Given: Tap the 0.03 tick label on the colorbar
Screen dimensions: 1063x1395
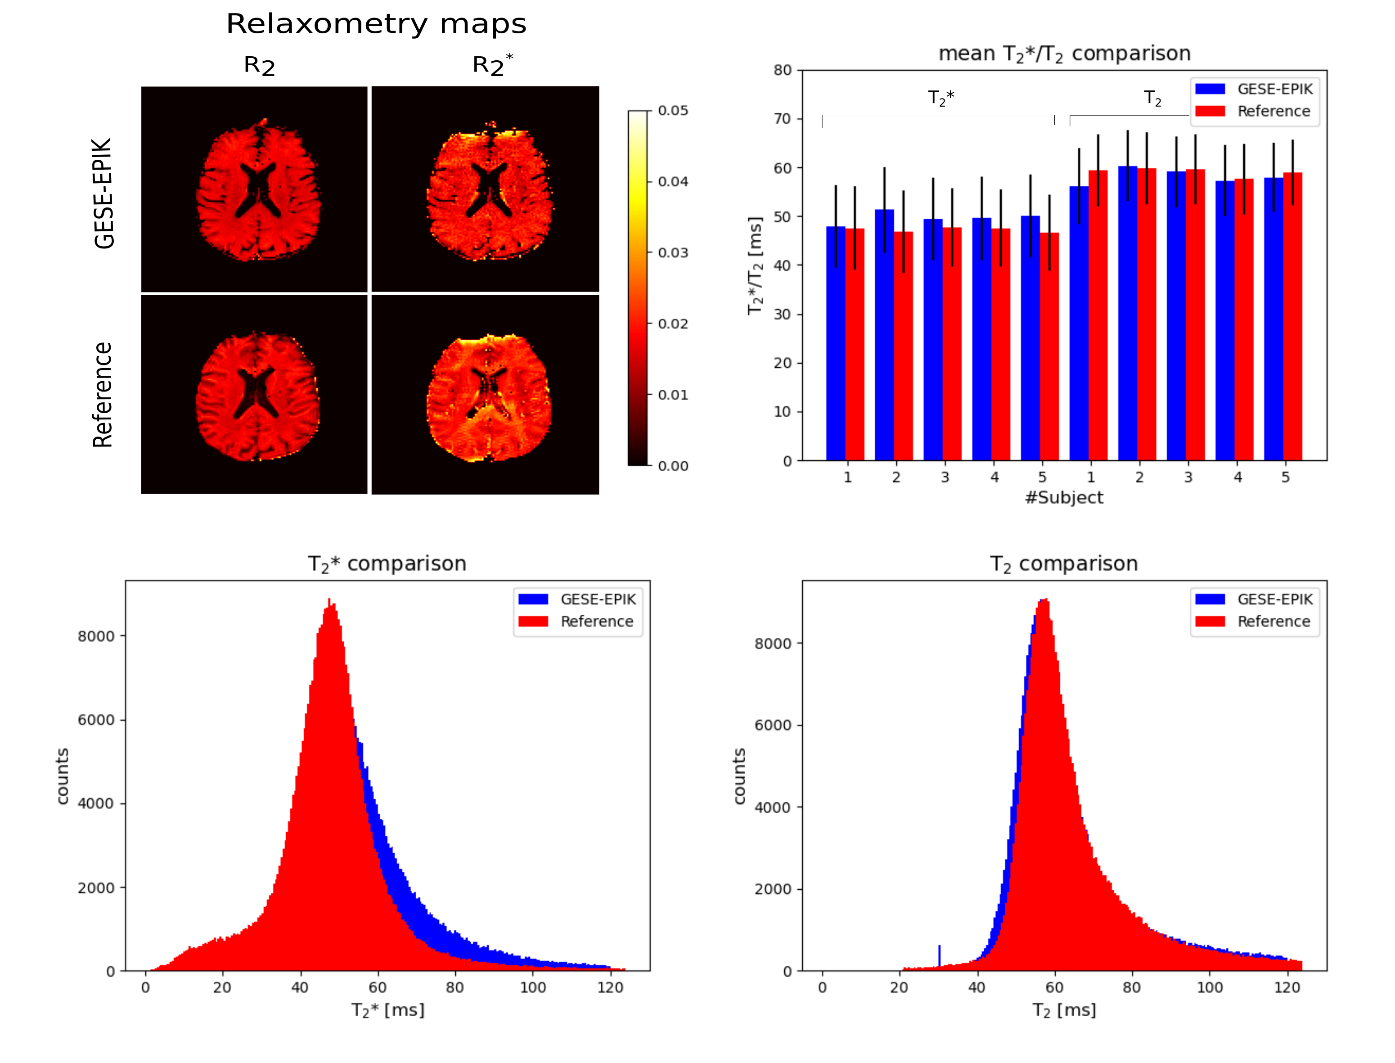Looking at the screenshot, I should point(672,252).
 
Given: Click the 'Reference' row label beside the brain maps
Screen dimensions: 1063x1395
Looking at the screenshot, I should point(103,395).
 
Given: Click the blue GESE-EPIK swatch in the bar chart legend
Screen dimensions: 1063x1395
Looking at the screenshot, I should point(1210,89).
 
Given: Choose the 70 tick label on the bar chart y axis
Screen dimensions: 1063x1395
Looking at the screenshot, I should point(783,119).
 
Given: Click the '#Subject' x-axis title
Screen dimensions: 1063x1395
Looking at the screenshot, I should point(1064,497).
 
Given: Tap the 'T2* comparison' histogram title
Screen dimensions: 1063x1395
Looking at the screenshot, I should point(387,564).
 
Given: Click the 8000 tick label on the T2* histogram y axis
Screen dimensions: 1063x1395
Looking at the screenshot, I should point(96,636).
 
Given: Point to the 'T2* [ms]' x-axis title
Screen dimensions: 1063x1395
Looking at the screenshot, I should point(388,1010).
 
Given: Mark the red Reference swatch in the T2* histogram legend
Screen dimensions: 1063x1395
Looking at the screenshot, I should point(533,622).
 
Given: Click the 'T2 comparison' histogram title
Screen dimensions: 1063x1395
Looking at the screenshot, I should point(1064,564).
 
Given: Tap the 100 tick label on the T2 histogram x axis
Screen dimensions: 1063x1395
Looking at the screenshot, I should point(1210,988).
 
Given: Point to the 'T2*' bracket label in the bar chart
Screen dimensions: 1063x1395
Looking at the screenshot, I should point(941,98).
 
